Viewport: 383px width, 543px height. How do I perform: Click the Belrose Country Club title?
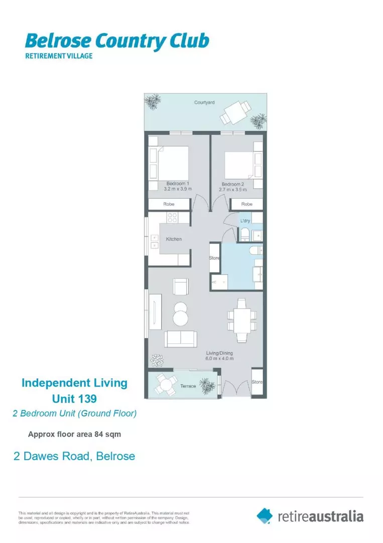coord(116,42)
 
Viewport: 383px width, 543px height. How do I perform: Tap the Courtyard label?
coord(204,103)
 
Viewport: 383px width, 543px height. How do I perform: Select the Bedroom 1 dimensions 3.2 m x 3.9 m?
coord(178,190)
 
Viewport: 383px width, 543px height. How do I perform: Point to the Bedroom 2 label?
coord(233,184)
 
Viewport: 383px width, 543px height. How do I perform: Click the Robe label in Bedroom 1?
coord(169,204)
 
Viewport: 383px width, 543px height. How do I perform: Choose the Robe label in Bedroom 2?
coord(246,204)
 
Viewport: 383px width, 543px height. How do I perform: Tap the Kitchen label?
coord(174,239)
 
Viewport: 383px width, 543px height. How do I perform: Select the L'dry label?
coord(245,221)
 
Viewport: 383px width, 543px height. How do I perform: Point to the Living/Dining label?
coord(219,353)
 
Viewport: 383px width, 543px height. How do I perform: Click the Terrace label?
coord(188,386)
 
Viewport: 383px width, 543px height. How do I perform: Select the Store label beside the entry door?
coord(257,382)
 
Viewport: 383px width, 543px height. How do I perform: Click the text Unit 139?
coord(74,399)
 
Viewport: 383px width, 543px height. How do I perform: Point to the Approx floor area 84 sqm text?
coord(74,433)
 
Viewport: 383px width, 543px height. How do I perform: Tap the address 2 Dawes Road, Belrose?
coord(74,457)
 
